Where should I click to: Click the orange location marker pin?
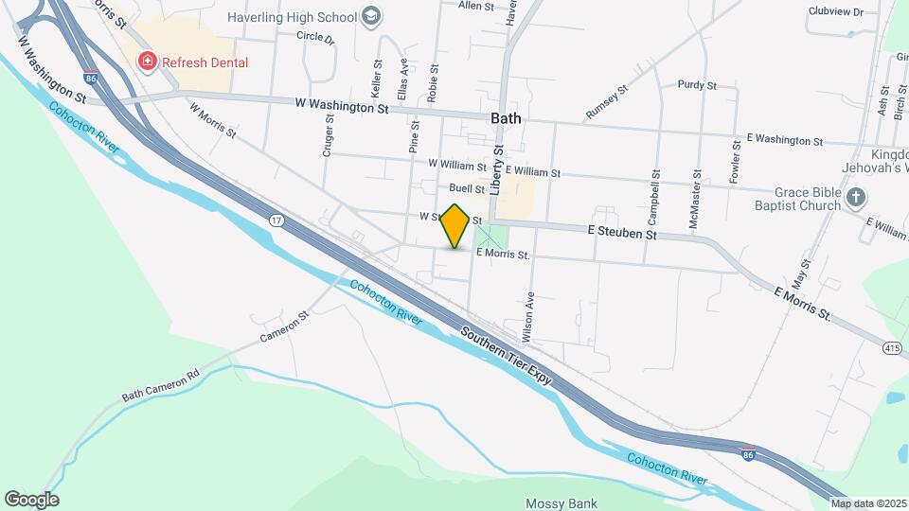[x=455, y=226]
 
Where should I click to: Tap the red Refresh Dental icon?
[x=147, y=62]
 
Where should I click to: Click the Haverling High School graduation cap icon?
[x=372, y=16]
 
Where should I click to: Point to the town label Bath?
[x=507, y=118]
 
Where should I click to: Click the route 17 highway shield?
[x=276, y=220]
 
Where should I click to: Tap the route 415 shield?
[x=891, y=348]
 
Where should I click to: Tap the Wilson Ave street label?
[x=528, y=309]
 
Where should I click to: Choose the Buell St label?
[x=467, y=188]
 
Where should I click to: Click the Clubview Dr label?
[x=836, y=11]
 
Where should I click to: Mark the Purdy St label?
[x=696, y=84]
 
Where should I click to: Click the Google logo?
[x=31, y=499]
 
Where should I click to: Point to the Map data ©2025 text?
[x=869, y=503]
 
